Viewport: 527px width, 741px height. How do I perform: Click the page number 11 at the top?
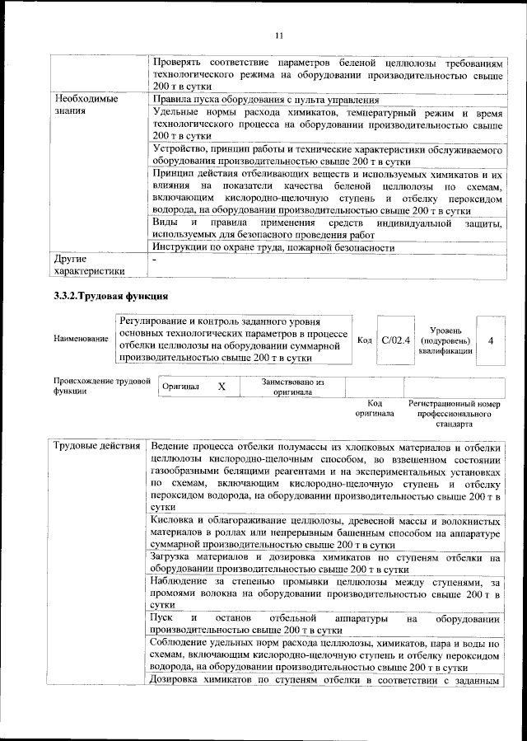[278, 35]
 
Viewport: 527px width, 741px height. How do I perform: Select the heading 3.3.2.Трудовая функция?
[110, 295]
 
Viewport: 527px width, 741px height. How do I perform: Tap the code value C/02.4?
[396, 340]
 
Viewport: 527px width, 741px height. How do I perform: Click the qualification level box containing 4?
[491, 340]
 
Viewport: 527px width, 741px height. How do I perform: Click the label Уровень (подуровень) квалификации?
[445, 340]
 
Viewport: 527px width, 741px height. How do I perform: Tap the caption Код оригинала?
[375, 408]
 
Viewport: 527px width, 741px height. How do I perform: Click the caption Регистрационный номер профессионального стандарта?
[455, 414]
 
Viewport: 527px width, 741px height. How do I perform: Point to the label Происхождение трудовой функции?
[102, 387]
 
